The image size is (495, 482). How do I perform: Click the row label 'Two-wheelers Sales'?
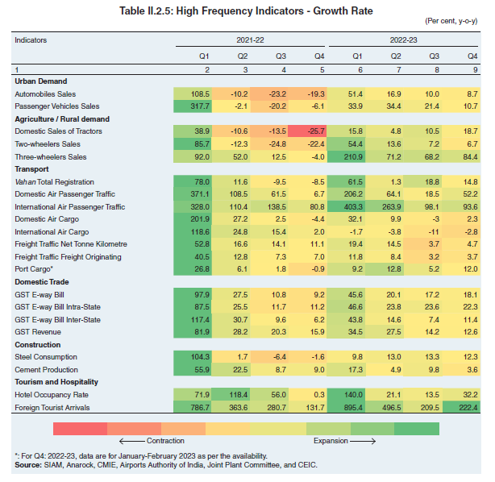[50, 143]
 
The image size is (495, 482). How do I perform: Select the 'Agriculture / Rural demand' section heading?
[61, 119]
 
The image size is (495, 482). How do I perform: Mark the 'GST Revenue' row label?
[40, 332]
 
